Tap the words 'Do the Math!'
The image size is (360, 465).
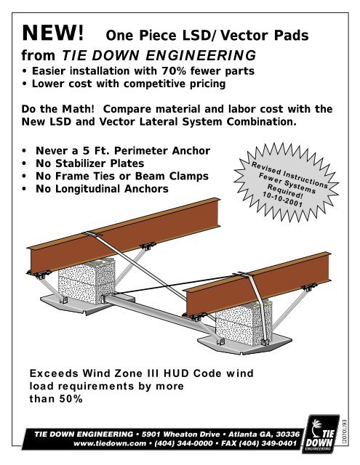(60, 109)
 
